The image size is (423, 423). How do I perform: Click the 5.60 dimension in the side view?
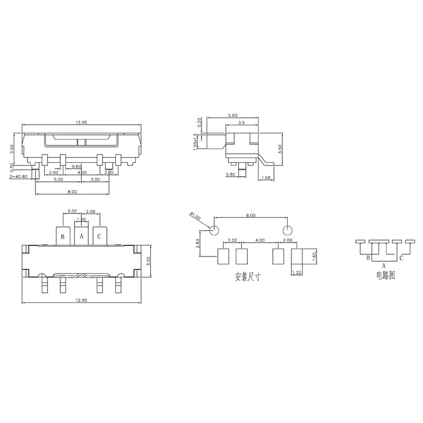point(232,115)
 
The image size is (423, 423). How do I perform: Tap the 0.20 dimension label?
point(199,122)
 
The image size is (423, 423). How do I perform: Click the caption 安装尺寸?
point(247,277)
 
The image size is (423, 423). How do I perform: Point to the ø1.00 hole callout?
point(194,217)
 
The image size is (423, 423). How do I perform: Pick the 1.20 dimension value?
point(296,273)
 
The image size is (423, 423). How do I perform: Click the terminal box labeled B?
point(63,236)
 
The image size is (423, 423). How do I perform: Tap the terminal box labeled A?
point(81,236)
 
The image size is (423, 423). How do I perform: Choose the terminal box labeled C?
point(100,236)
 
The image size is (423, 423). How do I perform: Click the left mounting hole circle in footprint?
point(215,231)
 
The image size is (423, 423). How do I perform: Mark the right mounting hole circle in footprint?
point(287,231)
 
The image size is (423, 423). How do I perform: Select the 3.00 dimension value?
point(95,180)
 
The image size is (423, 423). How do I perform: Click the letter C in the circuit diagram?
point(402,258)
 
